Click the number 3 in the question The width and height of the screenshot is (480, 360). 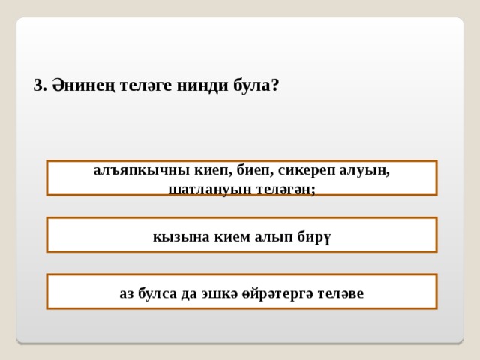38,85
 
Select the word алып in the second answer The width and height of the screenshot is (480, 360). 266,236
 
